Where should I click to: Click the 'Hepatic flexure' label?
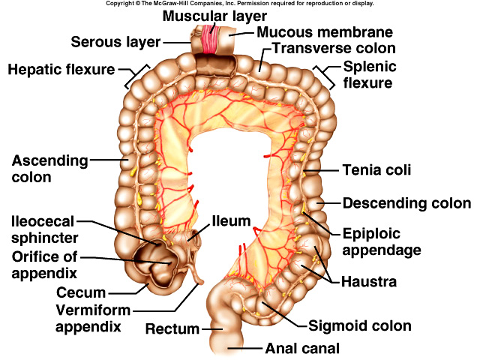click(61, 70)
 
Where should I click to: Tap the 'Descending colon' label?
click(406, 203)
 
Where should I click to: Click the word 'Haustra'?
click(369, 282)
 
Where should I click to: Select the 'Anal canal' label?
click(302, 348)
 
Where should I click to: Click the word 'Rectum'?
click(172, 328)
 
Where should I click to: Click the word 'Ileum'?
click(229, 222)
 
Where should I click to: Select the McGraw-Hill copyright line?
click(239, 4)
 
